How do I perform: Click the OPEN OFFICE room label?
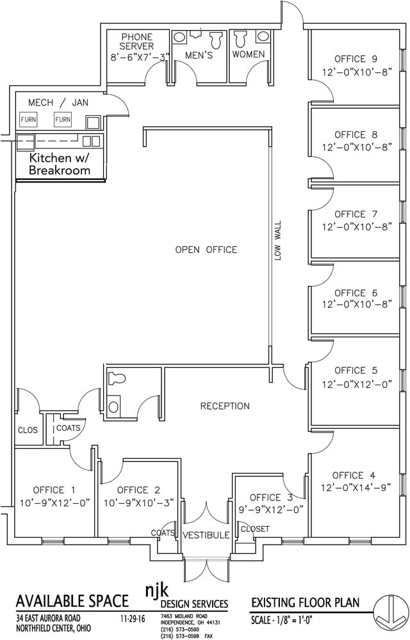[206, 250]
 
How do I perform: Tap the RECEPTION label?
[225, 406]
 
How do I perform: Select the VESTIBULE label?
[206, 535]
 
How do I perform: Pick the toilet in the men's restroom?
[215, 40]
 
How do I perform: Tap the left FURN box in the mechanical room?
[28, 120]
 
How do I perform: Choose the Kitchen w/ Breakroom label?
[60, 164]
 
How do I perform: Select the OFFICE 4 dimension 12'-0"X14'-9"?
[356, 487]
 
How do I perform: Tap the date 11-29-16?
[133, 618]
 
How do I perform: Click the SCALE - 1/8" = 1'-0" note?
[282, 621]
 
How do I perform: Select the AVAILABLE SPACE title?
[72, 601]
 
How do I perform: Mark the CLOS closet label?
[28, 430]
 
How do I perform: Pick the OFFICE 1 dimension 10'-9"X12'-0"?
[54, 502]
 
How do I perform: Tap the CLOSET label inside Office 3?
[255, 529]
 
